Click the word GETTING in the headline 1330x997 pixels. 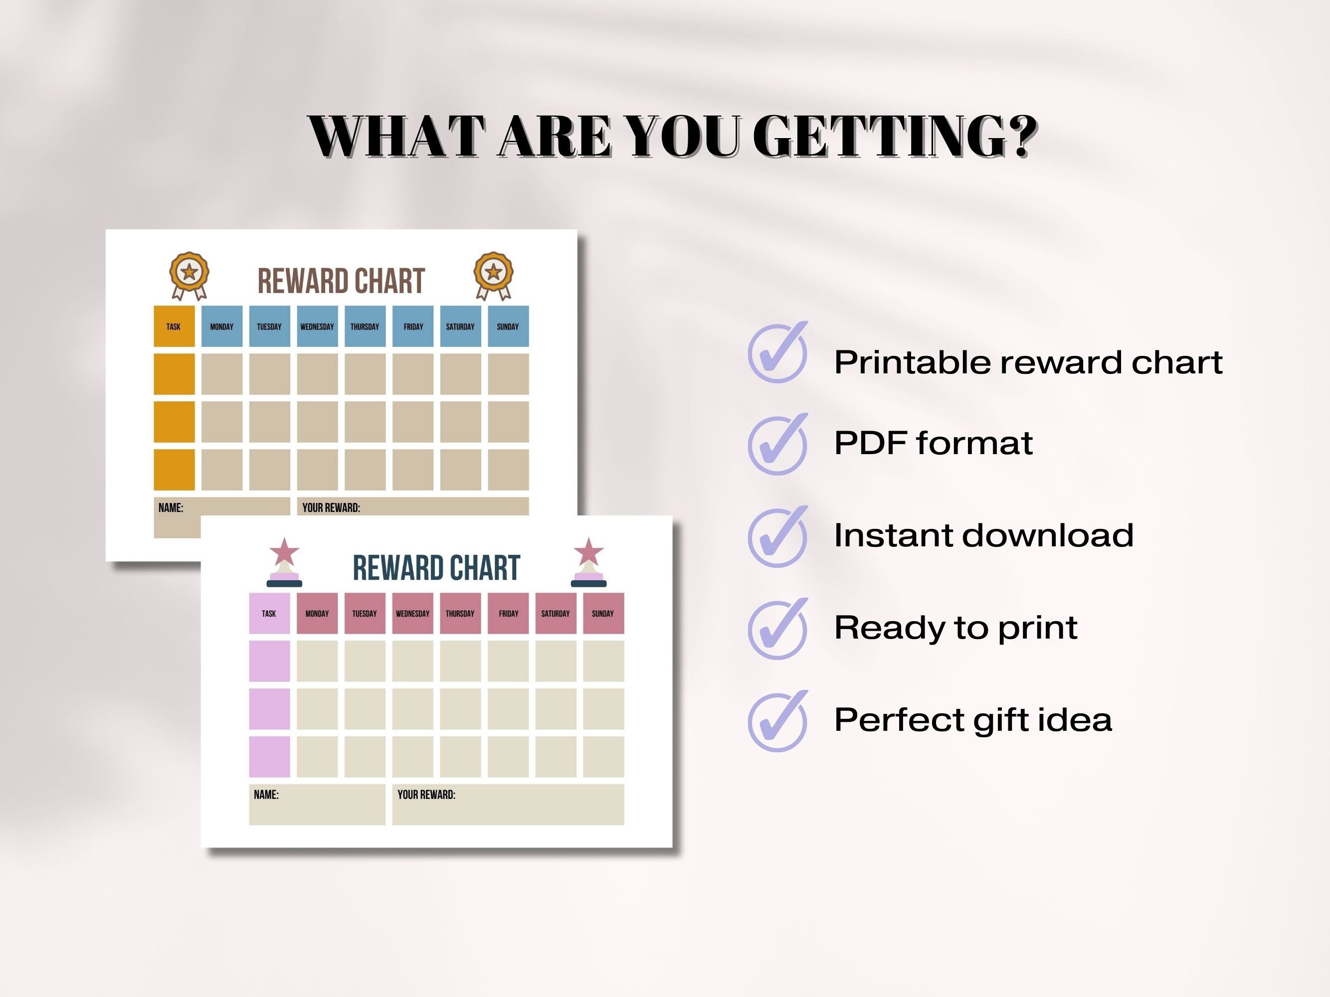pyautogui.click(x=895, y=137)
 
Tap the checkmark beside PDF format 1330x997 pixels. pyautogui.click(x=777, y=445)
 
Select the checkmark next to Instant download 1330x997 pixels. pyautogui.click(x=777, y=537)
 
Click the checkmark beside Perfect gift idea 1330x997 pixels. pyautogui.click(x=777, y=721)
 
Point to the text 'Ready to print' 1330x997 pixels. pyautogui.click(x=955, y=629)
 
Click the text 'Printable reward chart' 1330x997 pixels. pyautogui.click(x=1028, y=362)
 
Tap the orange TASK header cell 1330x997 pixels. pyautogui.click(x=174, y=327)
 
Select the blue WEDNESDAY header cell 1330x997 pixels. pyautogui.click(x=317, y=327)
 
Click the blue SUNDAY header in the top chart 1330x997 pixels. pyautogui.click(x=508, y=327)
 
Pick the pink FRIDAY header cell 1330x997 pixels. pyautogui.click(x=508, y=613)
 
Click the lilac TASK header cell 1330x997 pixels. pyautogui.click(x=269, y=613)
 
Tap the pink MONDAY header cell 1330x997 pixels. pyautogui.click(x=317, y=613)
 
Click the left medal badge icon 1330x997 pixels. pyautogui.click(x=189, y=275)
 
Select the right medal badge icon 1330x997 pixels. pyautogui.click(x=493, y=275)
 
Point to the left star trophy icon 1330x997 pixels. pyautogui.click(x=284, y=562)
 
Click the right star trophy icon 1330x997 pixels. pyautogui.click(x=588, y=562)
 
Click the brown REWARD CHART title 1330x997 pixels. pyautogui.click(x=341, y=281)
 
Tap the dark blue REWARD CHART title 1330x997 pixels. pyautogui.click(x=436, y=568)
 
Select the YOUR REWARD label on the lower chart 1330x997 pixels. pyautogui.click(x=426, y=795)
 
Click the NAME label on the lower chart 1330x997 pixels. pyautogui.click(x=266, y=795)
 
